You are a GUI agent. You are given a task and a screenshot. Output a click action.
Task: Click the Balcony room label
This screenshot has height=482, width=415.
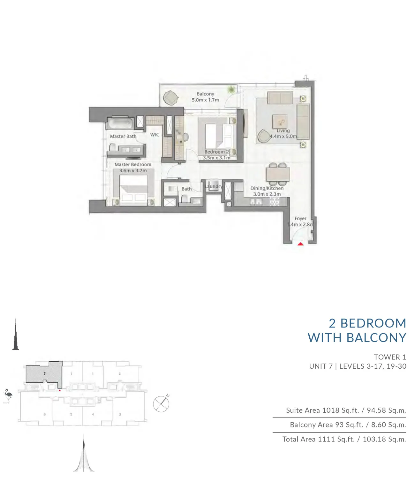coord(205,94)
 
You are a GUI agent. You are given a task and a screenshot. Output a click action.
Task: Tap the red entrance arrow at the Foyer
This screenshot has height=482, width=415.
coord(300,244)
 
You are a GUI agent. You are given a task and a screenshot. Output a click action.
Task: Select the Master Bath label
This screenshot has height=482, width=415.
coord(123,136)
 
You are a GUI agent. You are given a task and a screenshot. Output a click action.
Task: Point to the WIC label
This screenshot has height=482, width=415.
coord(155,135)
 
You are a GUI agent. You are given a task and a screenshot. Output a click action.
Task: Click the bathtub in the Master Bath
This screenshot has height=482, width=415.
coord(120,124)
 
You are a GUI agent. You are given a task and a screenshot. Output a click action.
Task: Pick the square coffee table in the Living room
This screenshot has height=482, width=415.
coord(280,122)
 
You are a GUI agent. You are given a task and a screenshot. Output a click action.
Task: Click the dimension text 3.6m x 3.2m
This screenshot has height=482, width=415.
coord(133,170)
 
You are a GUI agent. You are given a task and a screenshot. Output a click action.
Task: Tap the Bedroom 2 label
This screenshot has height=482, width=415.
coord(216,152)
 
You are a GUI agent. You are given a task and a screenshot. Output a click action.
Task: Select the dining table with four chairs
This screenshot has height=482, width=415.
coord(278,174)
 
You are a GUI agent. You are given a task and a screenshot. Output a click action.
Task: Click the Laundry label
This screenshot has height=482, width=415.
coord(214,186)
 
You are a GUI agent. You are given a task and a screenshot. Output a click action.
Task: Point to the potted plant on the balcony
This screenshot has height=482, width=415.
coord(231,90)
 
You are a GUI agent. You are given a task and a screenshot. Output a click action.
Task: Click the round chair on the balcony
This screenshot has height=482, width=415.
coord(170,98)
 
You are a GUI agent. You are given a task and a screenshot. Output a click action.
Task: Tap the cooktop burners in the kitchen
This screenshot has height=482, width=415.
coord(275,201)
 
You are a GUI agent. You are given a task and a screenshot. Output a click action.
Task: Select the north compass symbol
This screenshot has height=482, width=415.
coord(161,404)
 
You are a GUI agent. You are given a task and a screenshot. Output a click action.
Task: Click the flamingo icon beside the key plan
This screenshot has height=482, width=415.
coord(8,395)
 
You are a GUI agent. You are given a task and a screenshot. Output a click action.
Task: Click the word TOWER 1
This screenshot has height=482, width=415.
coord(390,357)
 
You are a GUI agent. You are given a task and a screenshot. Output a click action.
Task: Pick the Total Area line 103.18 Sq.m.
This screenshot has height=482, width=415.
coord(384,439)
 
